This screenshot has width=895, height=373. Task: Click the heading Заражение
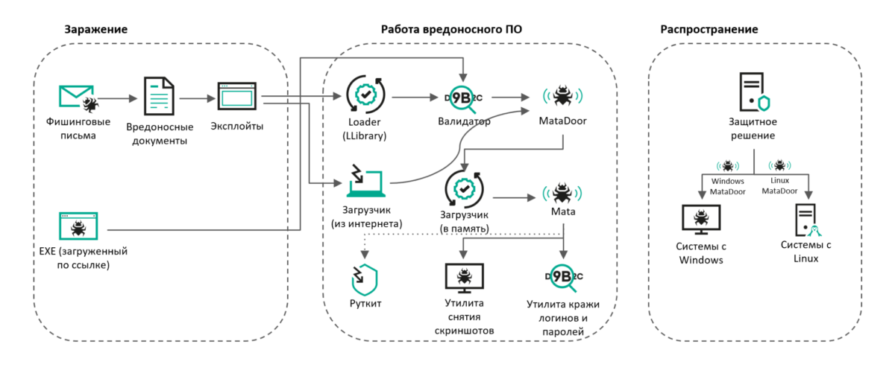click(95, 29)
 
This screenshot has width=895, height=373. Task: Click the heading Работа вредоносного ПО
click(451, 29)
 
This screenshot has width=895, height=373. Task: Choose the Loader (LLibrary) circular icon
click(365, 95)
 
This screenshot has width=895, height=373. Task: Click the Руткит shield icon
click(365, 280)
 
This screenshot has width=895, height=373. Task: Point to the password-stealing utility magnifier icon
click(562, 278)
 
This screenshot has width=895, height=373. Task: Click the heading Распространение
click(709, 29)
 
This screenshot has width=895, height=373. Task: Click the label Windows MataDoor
click(728, 186)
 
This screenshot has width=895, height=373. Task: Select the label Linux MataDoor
click(779, 186)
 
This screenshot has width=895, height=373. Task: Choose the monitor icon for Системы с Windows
click(701, 220)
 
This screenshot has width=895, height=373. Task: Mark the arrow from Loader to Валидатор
click(414, 97)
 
